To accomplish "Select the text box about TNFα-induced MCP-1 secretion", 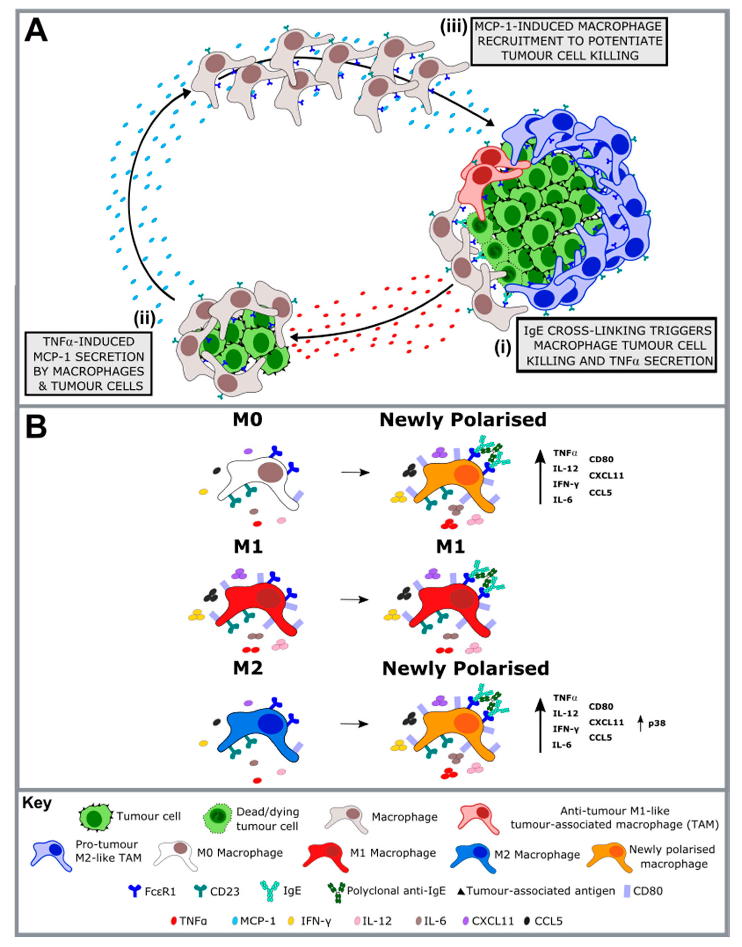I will pyautogui.click(x=89, y=364).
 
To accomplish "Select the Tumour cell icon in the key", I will pyautogui.click(x=95, y=818).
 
